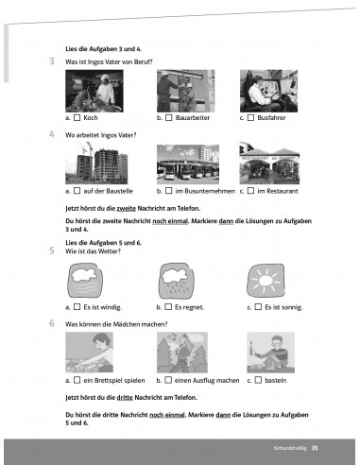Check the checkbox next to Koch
(77, 118)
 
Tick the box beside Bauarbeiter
(169, 118)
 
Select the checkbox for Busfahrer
(250, 118)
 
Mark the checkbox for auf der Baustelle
(77, 191)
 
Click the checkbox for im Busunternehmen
(169, 191)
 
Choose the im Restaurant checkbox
(250, 191)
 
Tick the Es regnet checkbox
(168, 307)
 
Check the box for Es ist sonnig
(258, 307)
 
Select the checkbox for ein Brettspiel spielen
(77, 380)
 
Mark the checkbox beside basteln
(258, 380)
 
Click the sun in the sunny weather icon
(266, 280)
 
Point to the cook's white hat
(105, 77)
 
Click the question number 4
(52, 134)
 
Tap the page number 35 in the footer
(315, 448)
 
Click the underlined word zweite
(127, 209)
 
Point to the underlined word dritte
(125, 398)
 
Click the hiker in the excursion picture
(181, 354)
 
